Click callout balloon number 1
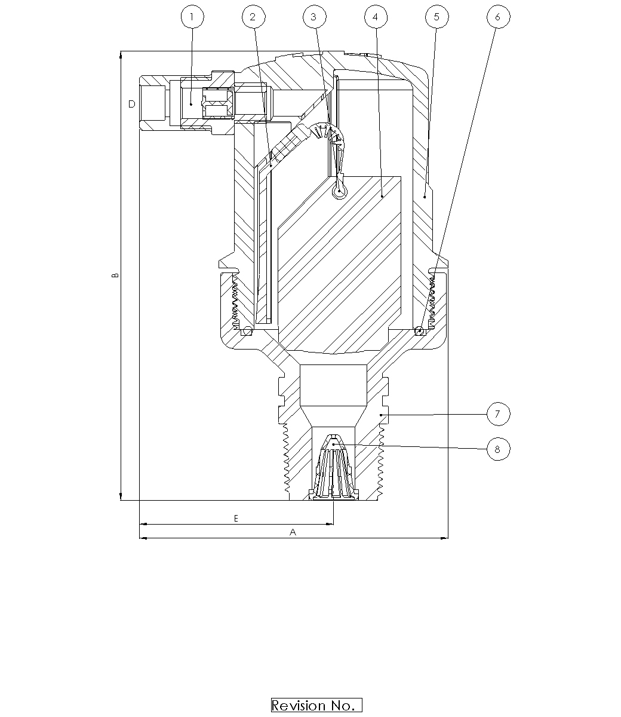pyautogui.click(x=192, y=17)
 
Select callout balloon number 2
pyautogui.click(x=253, y=17)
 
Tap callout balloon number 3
pyautogui.click(x=314, y=17)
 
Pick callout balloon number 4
pyautogui.click(x=375, y=17)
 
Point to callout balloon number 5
pyautogui.click(x=436, y=17)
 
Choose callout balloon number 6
pyautogui.click(x=497, y=17)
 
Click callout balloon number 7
pyautogui.click(x=498, y=413)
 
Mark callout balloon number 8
pyautogui.click(x=498, y=448)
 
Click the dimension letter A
pyautogui.click(x=293, y=532)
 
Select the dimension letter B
pyautogui.click(x=115, y=275)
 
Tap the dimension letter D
pyautogui.click(x=131, y=104)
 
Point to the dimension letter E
pyautogui.click(x=236, y=519)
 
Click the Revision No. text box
pyautogui.click(x=316, y=705)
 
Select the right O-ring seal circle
pyautogui.click(x=420, y=330)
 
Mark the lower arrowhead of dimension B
pyautogui.click(x=121, y=497)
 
